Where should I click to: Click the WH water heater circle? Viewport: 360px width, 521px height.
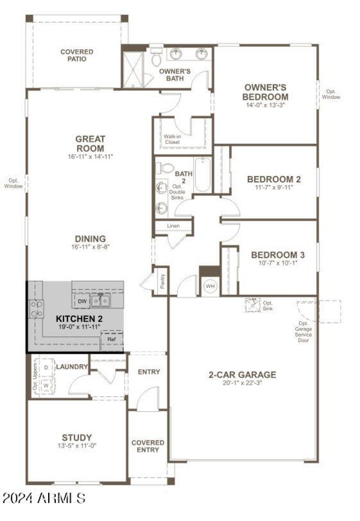pyautogui.click(x=210, y=286)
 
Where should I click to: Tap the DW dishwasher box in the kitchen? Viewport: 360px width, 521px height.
pyautogui.click(x=82, y=301)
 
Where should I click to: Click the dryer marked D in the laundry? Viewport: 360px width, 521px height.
pyautogui.click(x=46, y=367)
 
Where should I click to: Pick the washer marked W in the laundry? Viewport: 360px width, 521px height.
pyautogui.click(x=46, y=385)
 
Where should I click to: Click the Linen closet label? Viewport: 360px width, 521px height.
pyautogui.click(x=173, y=226)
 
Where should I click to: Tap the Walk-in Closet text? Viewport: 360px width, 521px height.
pyautogui.click(x=172, y=139)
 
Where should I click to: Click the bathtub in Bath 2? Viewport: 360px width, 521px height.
pyautogui.click(x=202, y=174)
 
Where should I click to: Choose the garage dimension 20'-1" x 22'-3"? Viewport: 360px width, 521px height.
pyautogui.click(x=242, y=383)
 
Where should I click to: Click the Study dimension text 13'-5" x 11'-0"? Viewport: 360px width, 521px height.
pyautogui.click(x=77, y=445)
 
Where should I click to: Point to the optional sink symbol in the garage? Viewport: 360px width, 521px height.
pyautogui.click(x=253, y=304)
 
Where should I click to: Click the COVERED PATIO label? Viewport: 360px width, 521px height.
pyautogui.click(x=77, y=55)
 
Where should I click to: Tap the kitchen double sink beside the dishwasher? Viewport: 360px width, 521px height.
pyautogui.click(x=100, y=300)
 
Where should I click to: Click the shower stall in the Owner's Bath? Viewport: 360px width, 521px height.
pyautogui.click(x=133, y=70)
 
